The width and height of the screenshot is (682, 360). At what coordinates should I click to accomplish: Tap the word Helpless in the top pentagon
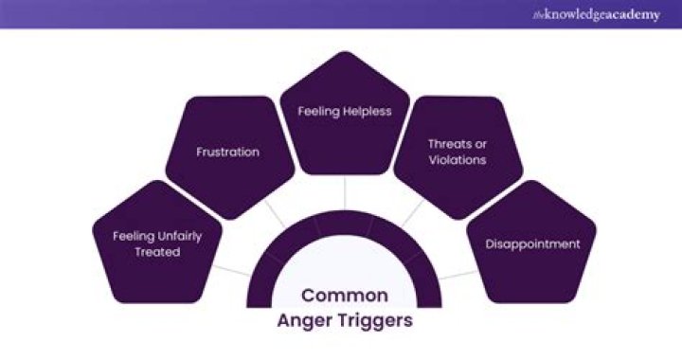368,111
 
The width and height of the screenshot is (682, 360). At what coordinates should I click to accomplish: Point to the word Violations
457,160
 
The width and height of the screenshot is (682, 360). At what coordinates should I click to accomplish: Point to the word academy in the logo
635,15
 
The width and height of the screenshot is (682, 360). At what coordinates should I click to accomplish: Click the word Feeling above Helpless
318,111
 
